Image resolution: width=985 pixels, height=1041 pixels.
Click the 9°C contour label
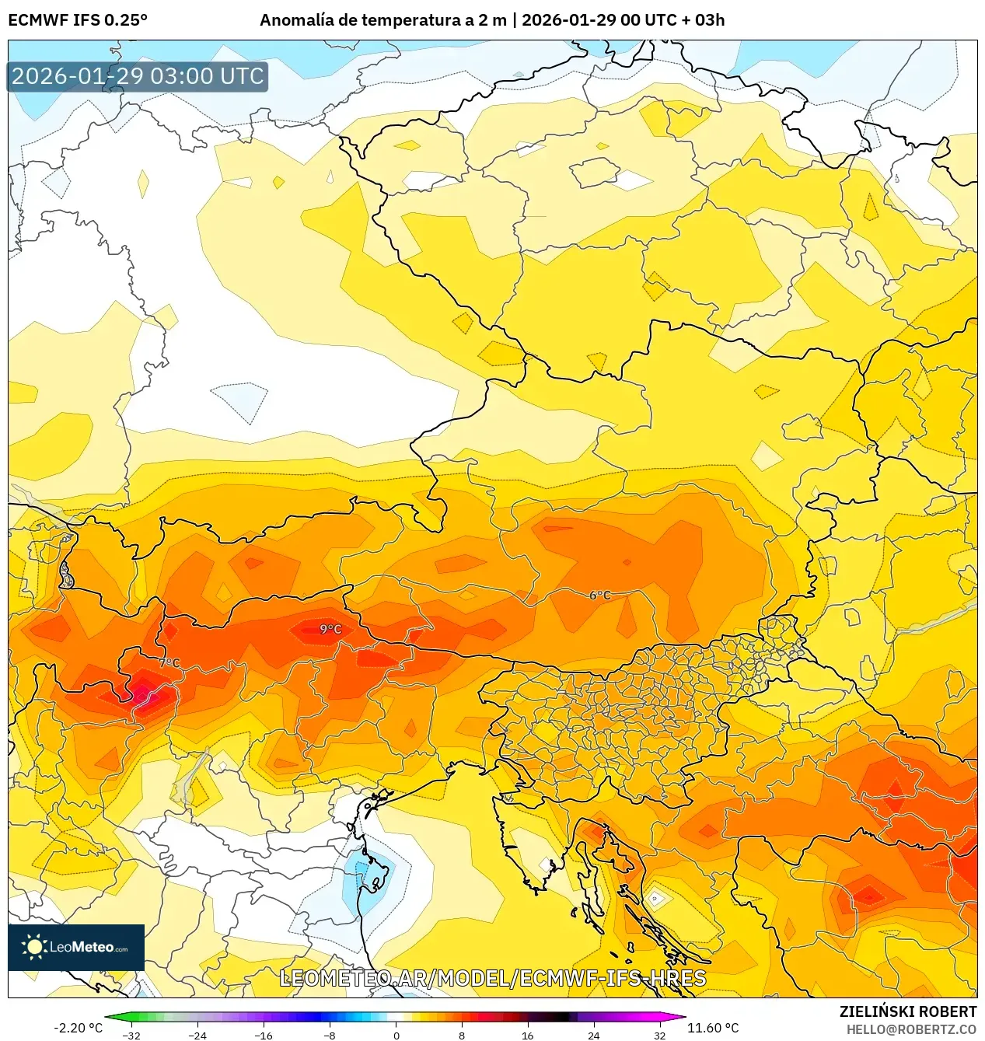click(x=330, y=629)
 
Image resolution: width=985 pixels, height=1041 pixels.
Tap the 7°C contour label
click(x=169, y=663)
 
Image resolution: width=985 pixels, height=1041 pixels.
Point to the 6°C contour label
click(x=599, y=596)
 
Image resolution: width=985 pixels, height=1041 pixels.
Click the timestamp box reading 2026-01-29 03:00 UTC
click(x=138, y=76)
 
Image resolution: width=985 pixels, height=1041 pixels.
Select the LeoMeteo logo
click(x=76, y=947)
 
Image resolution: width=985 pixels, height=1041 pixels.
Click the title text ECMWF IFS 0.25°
click(x=78, y=20)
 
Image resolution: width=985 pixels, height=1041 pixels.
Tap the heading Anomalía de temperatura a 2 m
click(x=382, y=20)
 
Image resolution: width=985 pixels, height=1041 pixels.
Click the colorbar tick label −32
click(x=131, y=1036)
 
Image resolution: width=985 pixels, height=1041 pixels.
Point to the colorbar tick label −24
click(x=197, y=1036)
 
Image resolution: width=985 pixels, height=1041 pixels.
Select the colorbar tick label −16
click(x=264, y=1036)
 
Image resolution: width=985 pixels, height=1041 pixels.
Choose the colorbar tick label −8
click(x=330, y=1036)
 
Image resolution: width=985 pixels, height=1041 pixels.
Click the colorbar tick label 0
click(x=396, y=1036)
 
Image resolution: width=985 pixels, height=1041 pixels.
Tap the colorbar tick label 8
click(x=462, y=1036)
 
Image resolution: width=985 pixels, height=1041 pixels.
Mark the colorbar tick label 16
click(x=528, y=1036)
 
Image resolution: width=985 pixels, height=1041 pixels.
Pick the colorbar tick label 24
click(x=594, y=1036)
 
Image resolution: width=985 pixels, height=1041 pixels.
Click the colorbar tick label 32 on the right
click(x=659, y=1036)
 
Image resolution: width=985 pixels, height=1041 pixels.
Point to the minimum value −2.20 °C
click(x=78, y=1028)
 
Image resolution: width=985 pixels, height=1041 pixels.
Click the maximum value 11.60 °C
click(x=713, y=1028)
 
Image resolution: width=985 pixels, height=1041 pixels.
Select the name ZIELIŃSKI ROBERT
click(x=907, y=1011)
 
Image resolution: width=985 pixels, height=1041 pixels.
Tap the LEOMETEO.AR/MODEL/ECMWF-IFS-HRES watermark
click(x=493, y=978)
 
